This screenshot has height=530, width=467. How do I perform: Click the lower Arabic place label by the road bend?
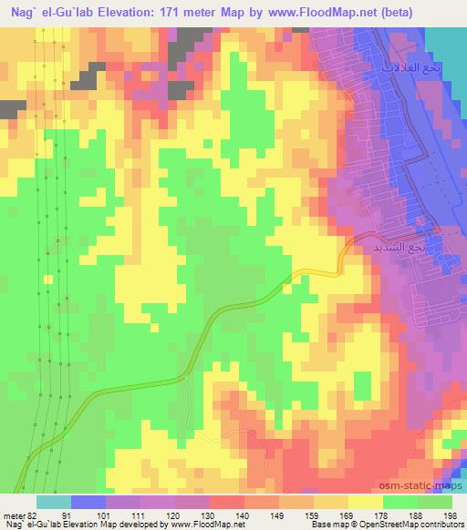(400, 247)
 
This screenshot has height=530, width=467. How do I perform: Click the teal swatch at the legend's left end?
(54, 502)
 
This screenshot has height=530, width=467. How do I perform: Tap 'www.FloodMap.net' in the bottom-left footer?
(209, 525)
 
